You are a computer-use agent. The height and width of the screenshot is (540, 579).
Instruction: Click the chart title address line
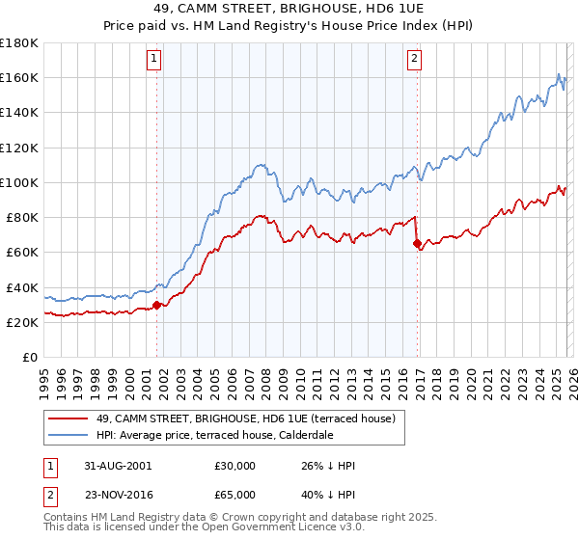pos(289,9)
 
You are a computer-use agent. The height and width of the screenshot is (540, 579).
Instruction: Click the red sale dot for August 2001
pos(157,305)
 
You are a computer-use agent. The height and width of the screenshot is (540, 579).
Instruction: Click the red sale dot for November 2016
pos(417,244)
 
